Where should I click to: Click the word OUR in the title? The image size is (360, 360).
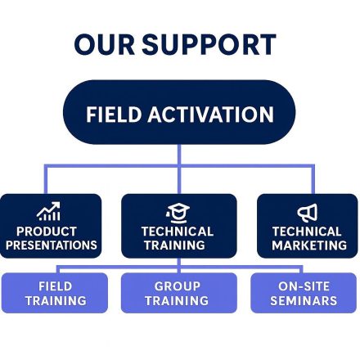click(105, 44)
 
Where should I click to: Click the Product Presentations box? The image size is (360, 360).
click(51, 226)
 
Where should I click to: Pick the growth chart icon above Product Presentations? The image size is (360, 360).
click(50, 213)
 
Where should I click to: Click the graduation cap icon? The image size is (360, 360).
click(178, 213)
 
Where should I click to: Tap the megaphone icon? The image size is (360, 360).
click(308, 214)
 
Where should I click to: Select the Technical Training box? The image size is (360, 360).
click(178, 226)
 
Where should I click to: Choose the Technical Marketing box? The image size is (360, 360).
click(308, 226)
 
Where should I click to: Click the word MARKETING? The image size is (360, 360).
click(308, 245)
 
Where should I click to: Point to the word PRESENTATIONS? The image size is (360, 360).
click(51, 245)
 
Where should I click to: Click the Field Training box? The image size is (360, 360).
click(55, 293)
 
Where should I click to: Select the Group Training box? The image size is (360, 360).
click(177, 293)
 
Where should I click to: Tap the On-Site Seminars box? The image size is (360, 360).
click(303, 293)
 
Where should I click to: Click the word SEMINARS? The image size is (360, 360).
click(303, 300)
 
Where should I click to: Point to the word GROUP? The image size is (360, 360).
click(177, 286)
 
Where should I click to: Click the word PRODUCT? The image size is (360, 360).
click(51, 232)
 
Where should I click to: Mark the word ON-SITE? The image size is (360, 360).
click(303, 286)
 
